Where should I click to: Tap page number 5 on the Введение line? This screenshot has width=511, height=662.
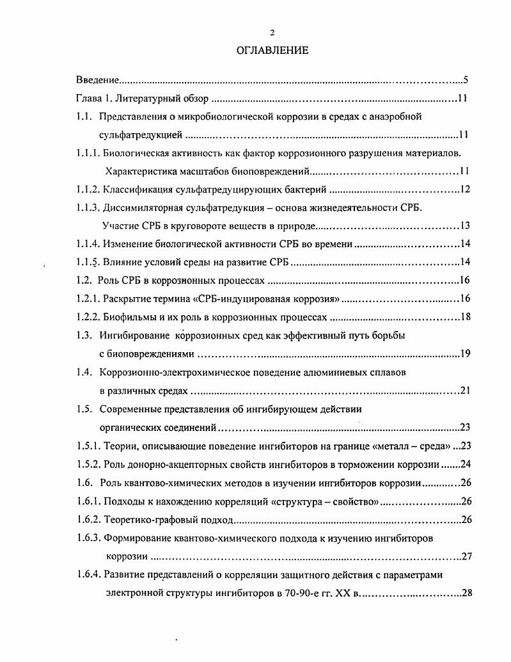466,81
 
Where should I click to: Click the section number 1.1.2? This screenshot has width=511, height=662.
89,190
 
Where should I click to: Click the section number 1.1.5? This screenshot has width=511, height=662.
89,262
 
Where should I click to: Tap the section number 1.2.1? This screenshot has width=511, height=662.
89,299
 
